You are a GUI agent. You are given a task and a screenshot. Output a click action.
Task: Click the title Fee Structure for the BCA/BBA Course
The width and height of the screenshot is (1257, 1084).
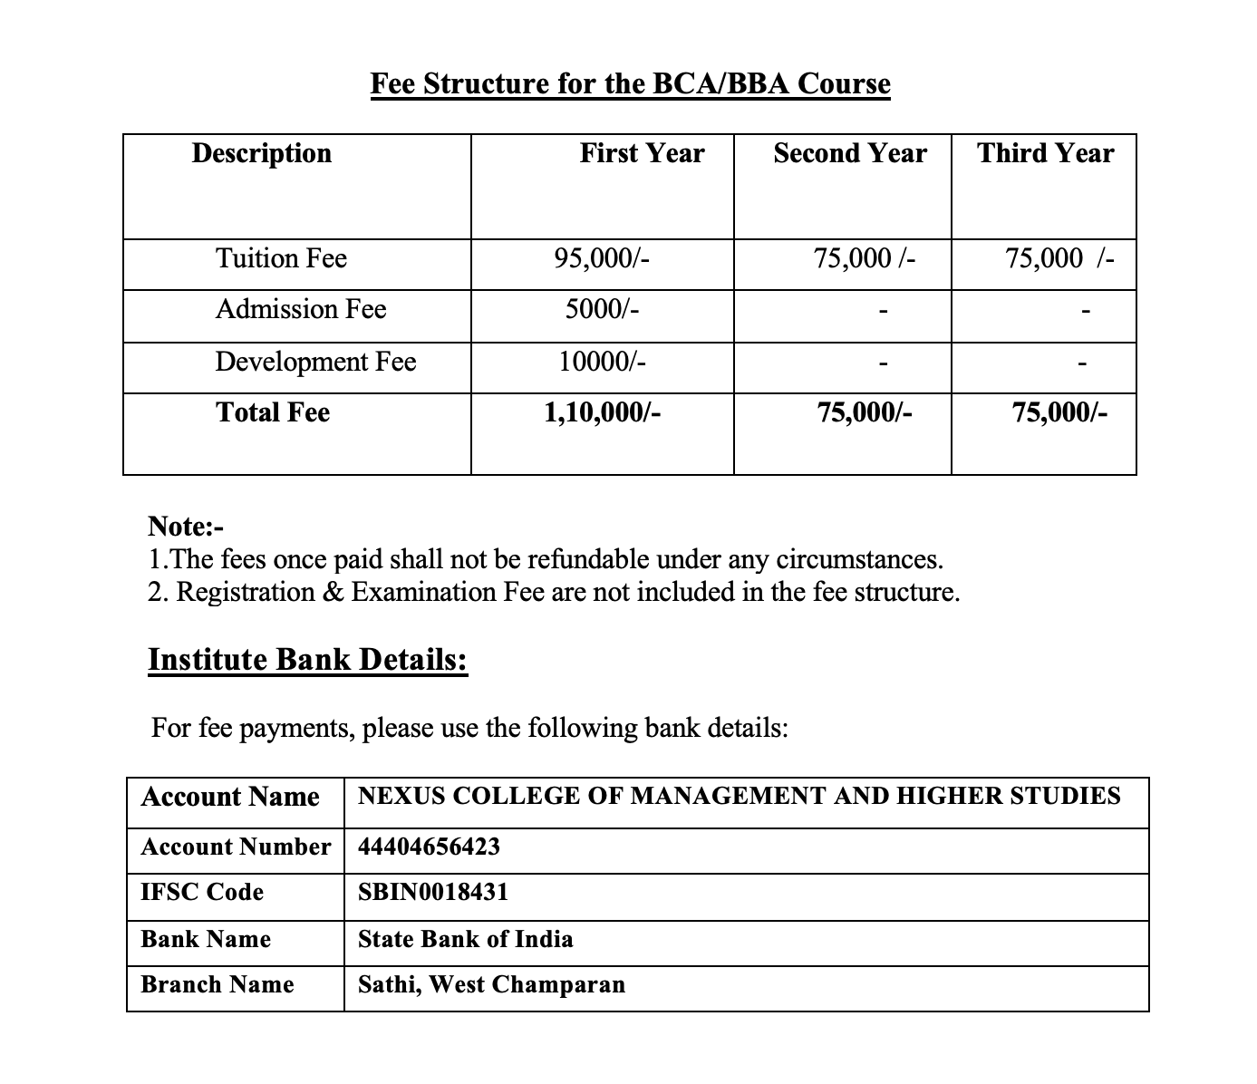click(630, 83)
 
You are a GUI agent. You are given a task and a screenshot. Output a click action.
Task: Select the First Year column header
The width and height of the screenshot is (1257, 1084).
click(642, 153)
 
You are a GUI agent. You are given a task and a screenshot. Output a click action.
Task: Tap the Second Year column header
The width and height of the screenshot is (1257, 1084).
click(849, 153)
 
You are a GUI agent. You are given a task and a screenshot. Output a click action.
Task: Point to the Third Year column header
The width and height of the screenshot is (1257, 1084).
click(1045, 153)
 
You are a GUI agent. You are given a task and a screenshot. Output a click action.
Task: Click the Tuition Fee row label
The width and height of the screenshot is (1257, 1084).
click(281, 258)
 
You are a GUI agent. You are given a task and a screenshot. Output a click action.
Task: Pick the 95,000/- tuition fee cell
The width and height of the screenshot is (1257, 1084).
click(602, 258)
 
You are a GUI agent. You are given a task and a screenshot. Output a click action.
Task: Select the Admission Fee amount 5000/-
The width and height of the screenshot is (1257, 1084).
click(602, 309)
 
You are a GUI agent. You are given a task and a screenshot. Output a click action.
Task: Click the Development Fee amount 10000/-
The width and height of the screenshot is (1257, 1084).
click(602, 362)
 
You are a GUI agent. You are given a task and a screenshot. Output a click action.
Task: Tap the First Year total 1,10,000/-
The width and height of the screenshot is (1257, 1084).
click(602, 412)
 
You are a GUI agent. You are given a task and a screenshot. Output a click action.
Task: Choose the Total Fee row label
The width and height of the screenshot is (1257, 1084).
click(273, 412)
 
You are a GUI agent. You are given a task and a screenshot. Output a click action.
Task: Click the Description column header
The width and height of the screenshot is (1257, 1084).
click(261, 153)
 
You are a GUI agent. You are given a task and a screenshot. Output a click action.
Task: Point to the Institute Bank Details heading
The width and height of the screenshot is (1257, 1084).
click(307, 659)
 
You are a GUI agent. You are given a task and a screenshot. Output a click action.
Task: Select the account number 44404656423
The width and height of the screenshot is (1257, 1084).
click(429, 847)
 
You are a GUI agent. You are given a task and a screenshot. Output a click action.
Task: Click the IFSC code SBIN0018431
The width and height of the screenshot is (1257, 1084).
click(433, 892)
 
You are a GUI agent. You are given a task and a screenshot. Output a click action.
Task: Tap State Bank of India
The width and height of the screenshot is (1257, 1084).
click(465, 938)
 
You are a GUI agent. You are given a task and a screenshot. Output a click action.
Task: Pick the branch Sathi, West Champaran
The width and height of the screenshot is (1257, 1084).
click(491, 984)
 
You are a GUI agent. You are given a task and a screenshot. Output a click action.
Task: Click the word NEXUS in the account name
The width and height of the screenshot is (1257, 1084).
click(399, 796)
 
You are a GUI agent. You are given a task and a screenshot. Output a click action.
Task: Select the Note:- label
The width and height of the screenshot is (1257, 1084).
click(185, 526)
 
